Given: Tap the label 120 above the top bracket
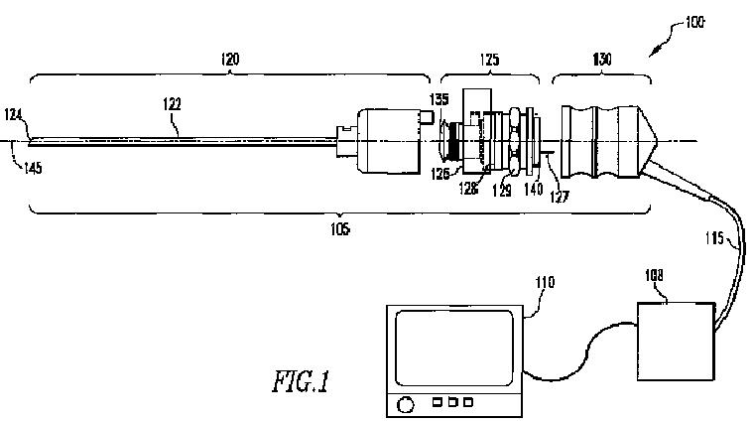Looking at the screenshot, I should (229, 59).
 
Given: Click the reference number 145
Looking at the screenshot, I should (33, 168).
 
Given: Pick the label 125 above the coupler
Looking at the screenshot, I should (490, 59).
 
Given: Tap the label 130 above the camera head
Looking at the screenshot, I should (601, 59).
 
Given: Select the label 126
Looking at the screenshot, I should (441, 173).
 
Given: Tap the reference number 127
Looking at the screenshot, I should (561, 196).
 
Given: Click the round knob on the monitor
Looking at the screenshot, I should (406, 406).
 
